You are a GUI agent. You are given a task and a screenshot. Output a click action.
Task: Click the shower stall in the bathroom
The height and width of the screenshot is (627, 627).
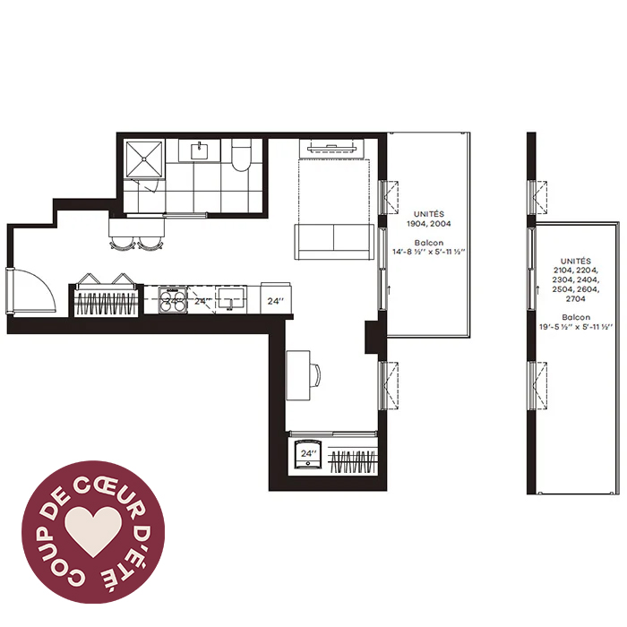145,159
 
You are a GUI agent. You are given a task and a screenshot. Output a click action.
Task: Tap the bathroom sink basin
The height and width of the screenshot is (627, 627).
199,151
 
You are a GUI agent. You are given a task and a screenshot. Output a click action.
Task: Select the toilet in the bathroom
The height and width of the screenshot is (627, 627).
241,155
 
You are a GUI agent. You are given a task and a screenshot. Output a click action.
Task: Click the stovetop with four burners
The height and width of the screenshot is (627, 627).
173,299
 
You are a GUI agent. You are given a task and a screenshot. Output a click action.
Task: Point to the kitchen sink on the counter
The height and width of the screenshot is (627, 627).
231,299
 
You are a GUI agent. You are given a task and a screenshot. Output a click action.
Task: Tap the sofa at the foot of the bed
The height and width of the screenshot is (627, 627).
334,242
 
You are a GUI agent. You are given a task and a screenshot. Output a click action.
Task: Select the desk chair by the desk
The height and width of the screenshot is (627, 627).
315,375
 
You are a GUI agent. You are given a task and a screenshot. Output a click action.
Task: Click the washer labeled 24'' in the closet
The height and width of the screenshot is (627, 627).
308,453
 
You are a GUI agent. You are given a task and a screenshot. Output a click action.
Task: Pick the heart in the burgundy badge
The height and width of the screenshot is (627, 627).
93,531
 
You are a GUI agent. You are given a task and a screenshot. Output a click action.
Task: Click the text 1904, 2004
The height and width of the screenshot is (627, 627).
429,224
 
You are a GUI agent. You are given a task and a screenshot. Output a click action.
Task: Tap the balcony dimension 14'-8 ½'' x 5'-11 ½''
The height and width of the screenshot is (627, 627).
429,252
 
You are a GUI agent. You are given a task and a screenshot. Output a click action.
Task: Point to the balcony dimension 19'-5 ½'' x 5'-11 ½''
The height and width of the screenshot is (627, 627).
576,327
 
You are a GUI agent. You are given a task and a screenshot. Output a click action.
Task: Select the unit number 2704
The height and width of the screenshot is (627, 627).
575,298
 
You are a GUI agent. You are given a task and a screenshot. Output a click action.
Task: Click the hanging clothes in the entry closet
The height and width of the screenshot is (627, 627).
107,304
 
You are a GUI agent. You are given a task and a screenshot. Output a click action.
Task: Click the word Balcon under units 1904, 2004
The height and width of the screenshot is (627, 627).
429,243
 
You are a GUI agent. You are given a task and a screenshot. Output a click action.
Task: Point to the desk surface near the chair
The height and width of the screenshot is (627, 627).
298,375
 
